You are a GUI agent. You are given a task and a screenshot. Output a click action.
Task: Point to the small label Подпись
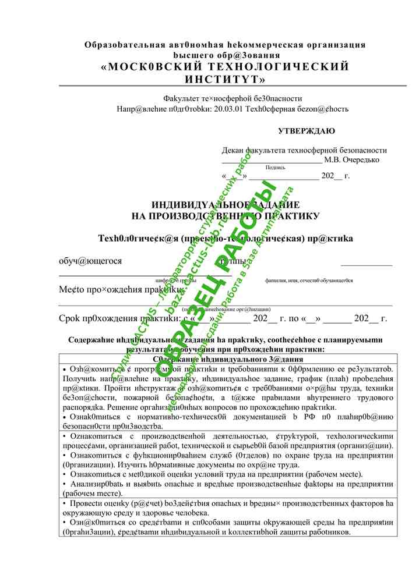point(275,168)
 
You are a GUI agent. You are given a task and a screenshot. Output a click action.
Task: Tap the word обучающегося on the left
point(90,261)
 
